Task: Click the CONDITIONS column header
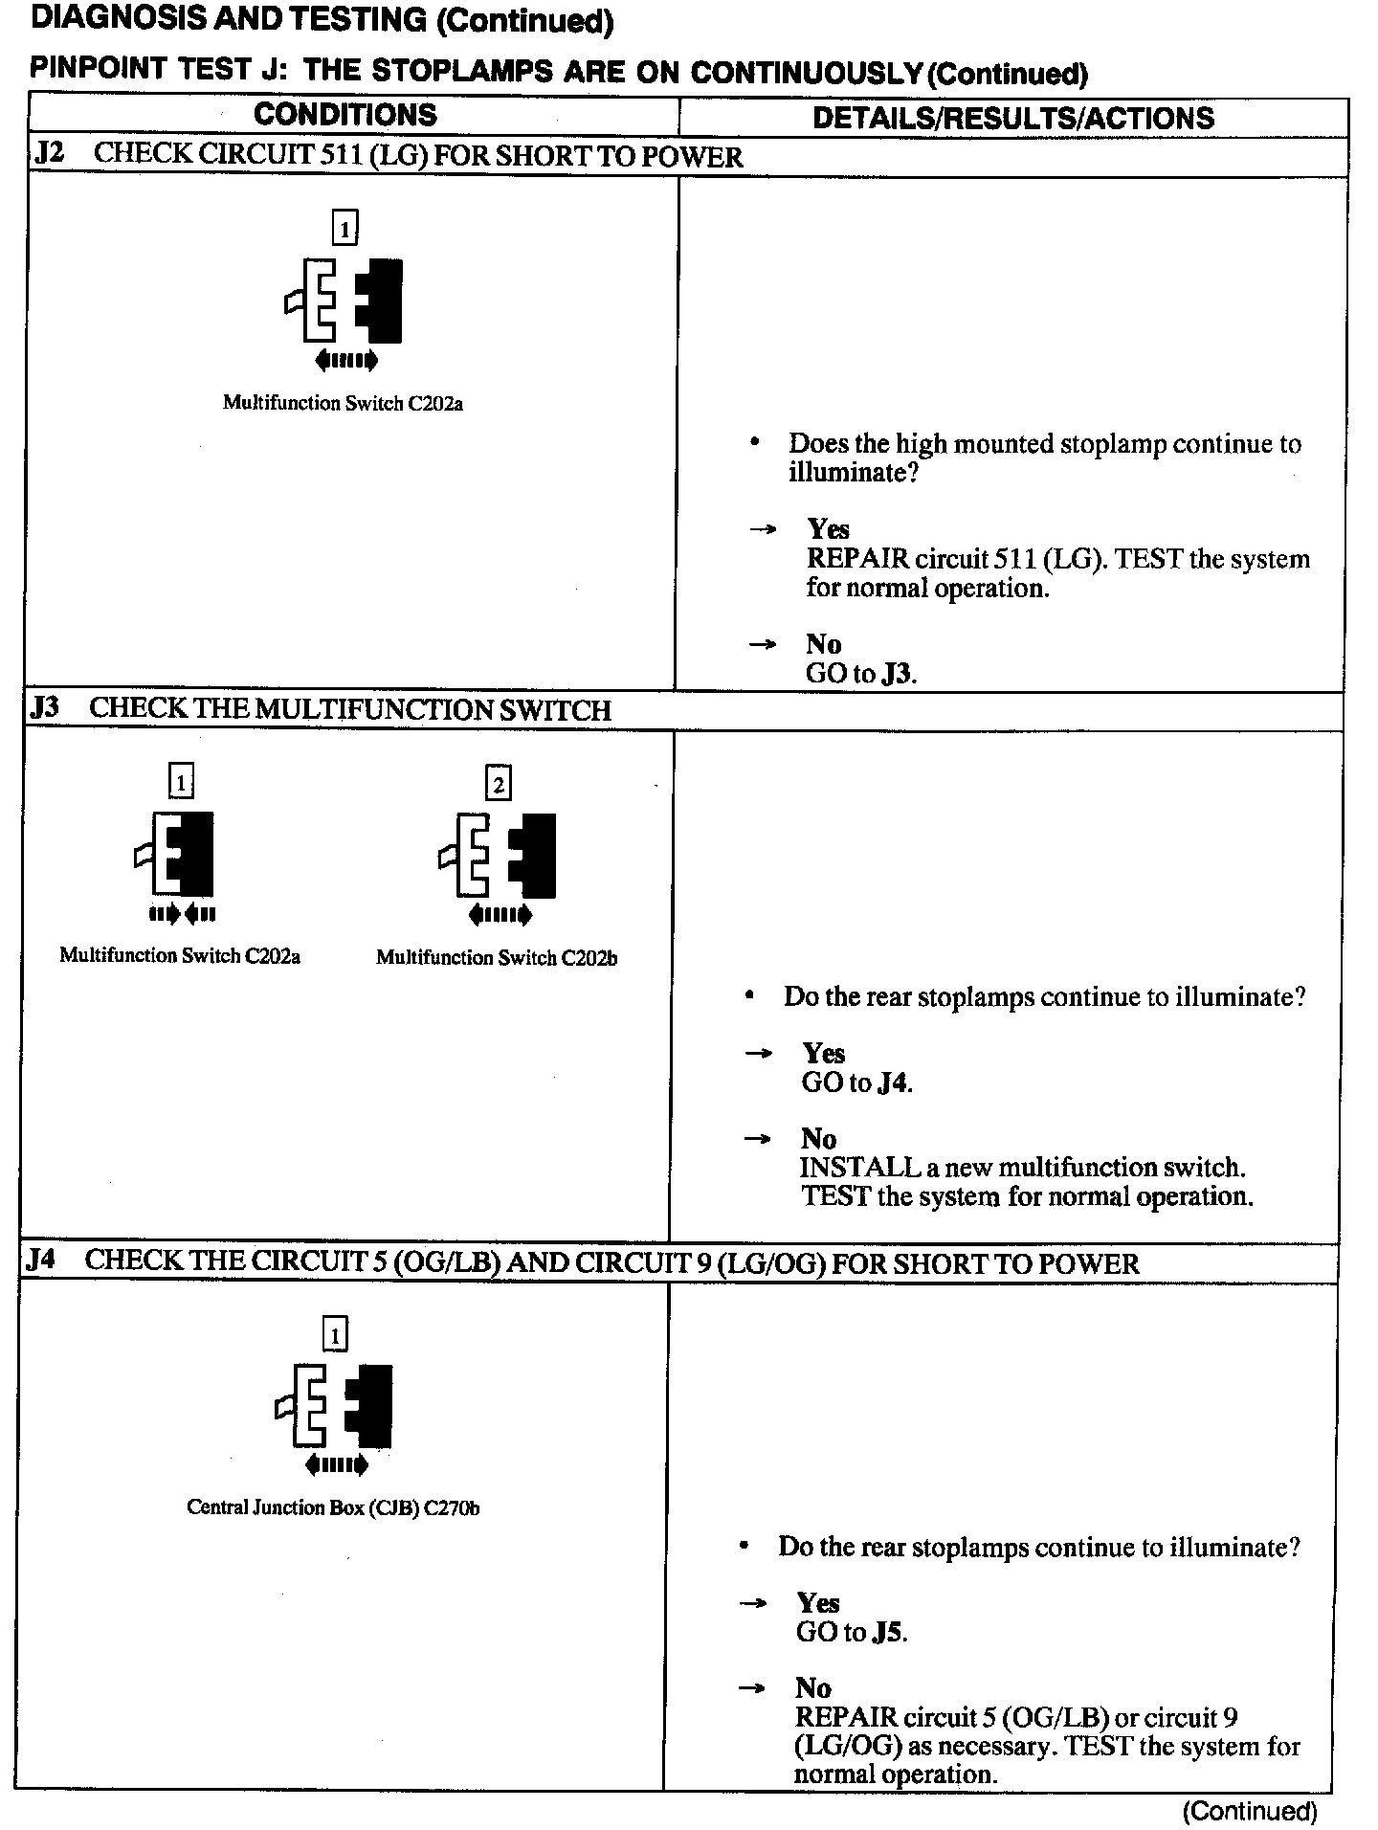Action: tap(344, 115)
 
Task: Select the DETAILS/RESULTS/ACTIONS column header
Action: tap(1012, 118)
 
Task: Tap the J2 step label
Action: tap(49, 154)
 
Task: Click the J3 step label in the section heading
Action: tap(45, 708)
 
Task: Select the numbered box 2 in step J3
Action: tap(499, 784)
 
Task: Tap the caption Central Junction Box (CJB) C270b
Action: tap(333, 1507)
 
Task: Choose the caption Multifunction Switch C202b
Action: tap(496, 957)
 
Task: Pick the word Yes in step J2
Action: tap(828, 529)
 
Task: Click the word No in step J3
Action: tap(818, 1138)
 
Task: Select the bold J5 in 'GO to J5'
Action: tap(888, 1632)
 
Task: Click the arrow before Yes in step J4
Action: tap(754, 1603)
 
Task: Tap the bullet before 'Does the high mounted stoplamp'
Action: tap(755, 443)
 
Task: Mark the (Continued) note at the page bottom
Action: tap(1250, 1810)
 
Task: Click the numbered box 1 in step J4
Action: tap(335, 1334)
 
